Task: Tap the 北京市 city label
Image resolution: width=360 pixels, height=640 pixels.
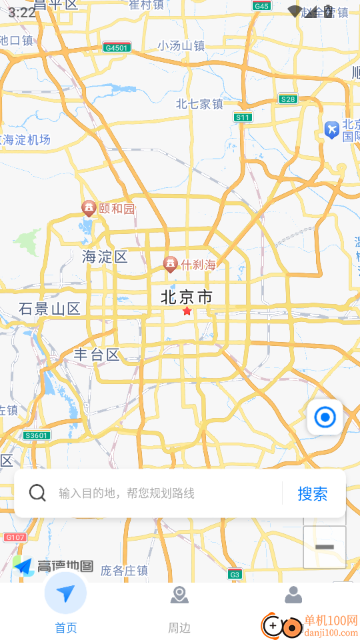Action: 187,297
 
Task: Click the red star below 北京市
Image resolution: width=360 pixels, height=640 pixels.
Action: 187,311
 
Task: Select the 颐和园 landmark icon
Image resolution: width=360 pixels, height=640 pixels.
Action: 88,209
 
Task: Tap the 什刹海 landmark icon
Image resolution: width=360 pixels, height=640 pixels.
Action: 171,264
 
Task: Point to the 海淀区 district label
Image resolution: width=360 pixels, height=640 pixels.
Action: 105,257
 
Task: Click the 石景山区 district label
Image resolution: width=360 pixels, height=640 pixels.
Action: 49,309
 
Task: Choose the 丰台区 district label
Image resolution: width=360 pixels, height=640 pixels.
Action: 96,355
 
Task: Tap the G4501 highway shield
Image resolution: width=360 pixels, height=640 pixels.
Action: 117,47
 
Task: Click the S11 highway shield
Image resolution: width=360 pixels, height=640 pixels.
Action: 243,117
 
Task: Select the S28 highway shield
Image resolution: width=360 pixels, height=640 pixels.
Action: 287,99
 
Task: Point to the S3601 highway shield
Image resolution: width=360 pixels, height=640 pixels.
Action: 36,435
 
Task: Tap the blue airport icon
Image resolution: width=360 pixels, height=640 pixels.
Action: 331,129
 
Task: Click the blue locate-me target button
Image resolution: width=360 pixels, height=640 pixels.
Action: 325,417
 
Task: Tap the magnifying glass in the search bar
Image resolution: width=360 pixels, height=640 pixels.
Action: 38,493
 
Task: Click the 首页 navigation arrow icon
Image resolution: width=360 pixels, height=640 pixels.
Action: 65,593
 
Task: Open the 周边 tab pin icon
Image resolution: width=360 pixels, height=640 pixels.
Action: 179,595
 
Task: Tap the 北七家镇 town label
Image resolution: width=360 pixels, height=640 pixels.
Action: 199,103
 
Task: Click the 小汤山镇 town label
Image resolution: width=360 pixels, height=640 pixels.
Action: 181,45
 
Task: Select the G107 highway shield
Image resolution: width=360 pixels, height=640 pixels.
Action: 15,537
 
